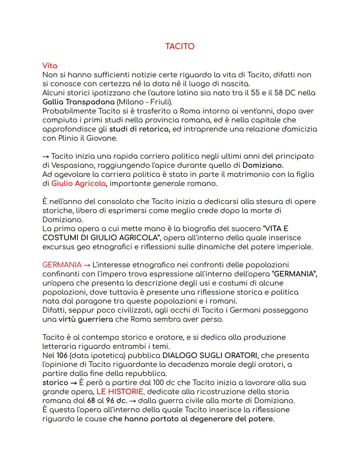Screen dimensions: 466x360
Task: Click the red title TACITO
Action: pos(180,46)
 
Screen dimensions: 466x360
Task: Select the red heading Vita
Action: pos(50,66)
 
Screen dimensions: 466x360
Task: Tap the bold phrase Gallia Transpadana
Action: pos(78,102)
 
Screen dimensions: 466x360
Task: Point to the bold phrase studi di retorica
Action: pos(140,129)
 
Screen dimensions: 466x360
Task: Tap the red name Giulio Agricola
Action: pos(78,183)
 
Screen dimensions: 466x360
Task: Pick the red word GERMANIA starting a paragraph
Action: pos(62,265)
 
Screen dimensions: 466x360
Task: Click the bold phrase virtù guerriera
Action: pos(86,319)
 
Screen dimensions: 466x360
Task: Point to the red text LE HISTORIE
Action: pos(120,392)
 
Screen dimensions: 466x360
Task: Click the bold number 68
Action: pos(91,401)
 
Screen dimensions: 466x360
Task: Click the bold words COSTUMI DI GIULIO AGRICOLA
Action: pos(100,238)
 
